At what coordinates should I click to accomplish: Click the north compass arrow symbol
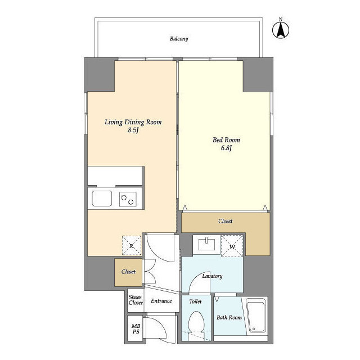click(281, 30)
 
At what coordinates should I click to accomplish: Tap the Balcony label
click(179, 39)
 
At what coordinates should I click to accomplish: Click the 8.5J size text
click(133, 130)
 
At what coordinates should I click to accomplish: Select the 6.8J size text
click(226, 148)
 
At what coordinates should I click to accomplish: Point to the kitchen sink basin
click(102, 199)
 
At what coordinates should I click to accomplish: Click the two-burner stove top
click(128, 199)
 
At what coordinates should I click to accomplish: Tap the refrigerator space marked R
click(131, 246)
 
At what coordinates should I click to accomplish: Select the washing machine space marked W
click(232, 246)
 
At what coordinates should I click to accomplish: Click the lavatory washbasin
click(206, 245)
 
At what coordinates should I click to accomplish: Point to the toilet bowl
click(196, 321)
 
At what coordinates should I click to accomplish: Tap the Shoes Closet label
click(136, 300)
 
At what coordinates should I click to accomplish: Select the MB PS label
click(136, 328)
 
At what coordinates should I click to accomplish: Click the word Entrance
click(161, 301)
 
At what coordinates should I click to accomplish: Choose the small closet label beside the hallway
click(128, 272)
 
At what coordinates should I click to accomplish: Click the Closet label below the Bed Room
click(225, 221)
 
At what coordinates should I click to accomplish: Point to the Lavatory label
click(212, 276)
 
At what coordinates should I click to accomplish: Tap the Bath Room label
click(229, 317)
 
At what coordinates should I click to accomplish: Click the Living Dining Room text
click(133, 122)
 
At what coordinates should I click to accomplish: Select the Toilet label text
click(195, 301)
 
